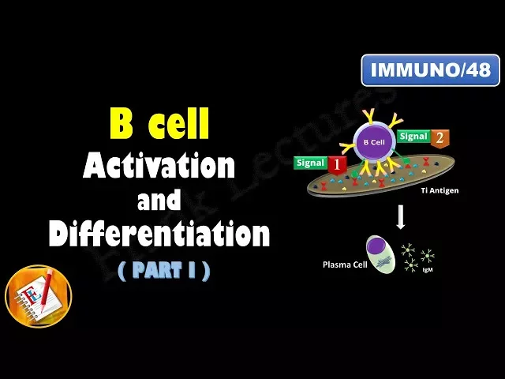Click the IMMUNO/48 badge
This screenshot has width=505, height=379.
(430, 70)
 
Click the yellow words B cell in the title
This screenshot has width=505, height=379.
(159, 125)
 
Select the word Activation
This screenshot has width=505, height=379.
(159, 167)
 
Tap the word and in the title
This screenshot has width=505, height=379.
(159, 201)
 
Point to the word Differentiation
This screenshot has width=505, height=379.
(159, 235)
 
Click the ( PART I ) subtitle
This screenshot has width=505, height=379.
(164, 271)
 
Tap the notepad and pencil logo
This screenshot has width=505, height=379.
(38, 295)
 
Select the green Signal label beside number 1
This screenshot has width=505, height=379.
(310, 163)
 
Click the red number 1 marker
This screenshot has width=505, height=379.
(338, 166)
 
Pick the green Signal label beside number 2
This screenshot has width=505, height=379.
(413, 136)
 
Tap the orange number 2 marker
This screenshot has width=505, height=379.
(440, 138)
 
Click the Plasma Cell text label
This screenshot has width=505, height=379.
(341, 264)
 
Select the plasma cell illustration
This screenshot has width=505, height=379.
(380, 254)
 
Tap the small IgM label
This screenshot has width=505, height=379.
(427, 271)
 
